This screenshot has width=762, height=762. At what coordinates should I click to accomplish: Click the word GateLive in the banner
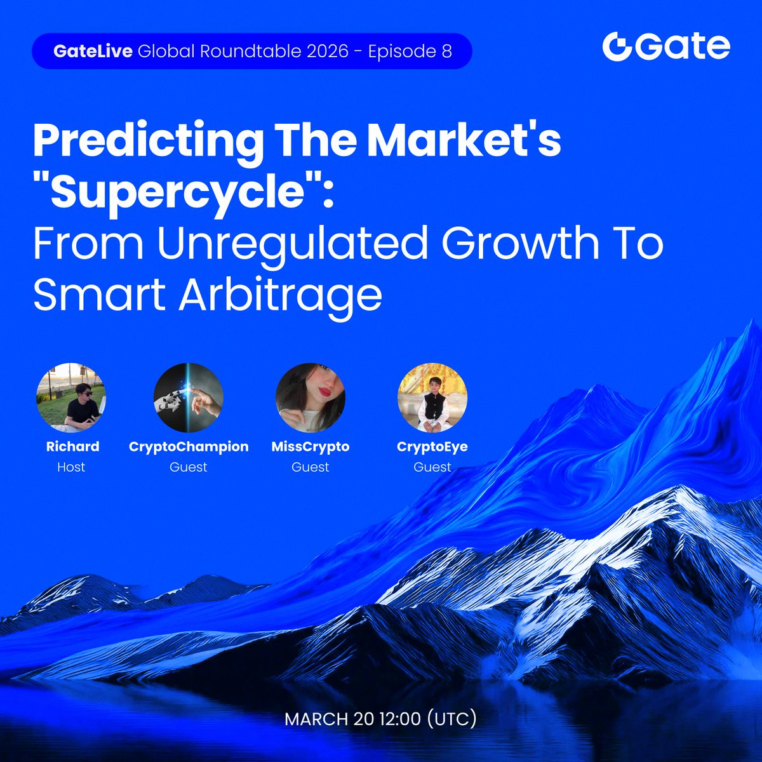[93, 51]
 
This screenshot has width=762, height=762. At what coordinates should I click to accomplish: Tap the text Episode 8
[410, 51]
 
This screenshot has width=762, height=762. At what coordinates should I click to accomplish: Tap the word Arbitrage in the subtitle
[280, 295]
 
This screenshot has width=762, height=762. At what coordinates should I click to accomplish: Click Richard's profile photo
[71, 398]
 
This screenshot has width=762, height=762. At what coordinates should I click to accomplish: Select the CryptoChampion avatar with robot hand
[189, 398]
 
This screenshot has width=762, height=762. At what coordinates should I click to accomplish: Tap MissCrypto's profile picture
[311, 398]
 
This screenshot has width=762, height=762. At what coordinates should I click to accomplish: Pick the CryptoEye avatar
[432, 398]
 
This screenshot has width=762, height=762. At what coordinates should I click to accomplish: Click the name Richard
[72, 446]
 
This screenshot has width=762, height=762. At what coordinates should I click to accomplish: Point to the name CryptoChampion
[189, 446]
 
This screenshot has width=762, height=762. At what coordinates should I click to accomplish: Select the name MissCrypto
[311, 446]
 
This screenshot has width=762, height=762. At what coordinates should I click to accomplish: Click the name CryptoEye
[432, 446]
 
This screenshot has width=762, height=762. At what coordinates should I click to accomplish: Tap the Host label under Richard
[71, 467]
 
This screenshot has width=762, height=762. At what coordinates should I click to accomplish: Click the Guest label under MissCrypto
[311, 467]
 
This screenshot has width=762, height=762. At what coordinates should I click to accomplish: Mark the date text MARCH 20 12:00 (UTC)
[380, 719]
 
